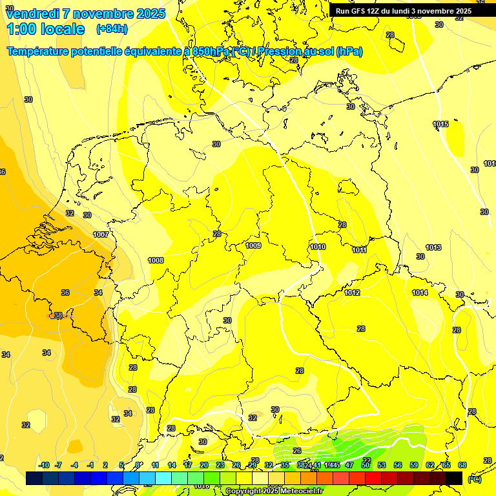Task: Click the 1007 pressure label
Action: [x=101, y=234]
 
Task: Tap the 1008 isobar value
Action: [x=156, y=260]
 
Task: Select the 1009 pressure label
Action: [x=253, y=246]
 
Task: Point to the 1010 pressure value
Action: [x=318, y=247]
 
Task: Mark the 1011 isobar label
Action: [x=360, y=250]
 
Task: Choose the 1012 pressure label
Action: [x=352, y=293]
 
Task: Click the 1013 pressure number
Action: [x=433, y=247]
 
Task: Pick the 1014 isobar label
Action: [x=420, y=293]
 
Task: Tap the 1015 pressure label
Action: [x=440, y=124]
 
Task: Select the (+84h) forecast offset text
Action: [x=112, y=29]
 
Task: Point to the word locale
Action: [x=62, y=29]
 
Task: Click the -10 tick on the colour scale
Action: [x=44, y=465]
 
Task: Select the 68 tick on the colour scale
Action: [x=462, y=465]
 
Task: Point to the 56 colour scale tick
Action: [x=398, y=465]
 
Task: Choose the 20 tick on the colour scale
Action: [x=203, y=465]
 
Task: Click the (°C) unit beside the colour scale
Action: [x=474, y=479]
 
